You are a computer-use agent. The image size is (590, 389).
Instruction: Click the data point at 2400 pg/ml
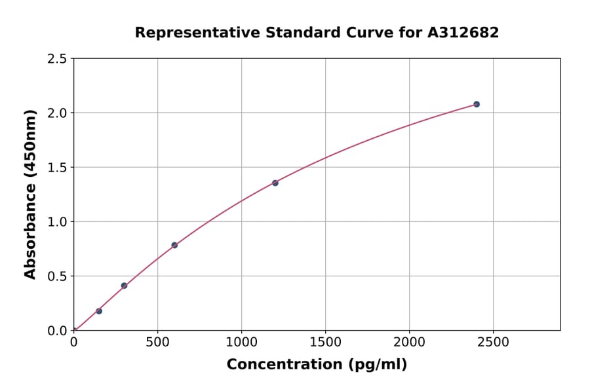tap(477, 104)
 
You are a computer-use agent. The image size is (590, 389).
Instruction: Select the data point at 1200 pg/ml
tap(275, 183)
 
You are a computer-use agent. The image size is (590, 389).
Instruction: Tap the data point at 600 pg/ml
tap(174, 245)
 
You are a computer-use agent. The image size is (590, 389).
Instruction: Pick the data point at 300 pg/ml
tap(124, 286)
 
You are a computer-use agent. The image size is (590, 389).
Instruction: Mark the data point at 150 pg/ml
tap(99, 311)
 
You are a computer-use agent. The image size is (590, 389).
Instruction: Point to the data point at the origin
tap(74, 330)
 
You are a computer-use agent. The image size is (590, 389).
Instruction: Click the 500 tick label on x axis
tap(157, 342)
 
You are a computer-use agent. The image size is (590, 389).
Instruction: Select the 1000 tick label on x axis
tap(241, 342)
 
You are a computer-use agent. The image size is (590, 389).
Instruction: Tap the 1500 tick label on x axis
tap(325, 342)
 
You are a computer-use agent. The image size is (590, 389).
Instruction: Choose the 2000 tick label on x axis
tap(409, 342)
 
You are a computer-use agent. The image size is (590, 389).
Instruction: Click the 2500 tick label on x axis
tap(493, 342)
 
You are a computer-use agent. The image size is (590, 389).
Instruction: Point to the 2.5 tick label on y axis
tap(57, 59)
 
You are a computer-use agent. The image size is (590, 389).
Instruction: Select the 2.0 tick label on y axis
tap(57, 113)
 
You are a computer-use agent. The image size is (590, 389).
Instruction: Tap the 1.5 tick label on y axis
tap(57, 168)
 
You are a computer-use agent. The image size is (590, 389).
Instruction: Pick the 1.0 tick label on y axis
tap(57, 222)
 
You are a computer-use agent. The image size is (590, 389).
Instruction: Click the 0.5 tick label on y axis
tap(57, 276)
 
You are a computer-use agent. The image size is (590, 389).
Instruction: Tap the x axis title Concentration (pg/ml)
tap(317, 365)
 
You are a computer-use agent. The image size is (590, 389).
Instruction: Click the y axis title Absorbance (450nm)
tap(30, 194)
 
